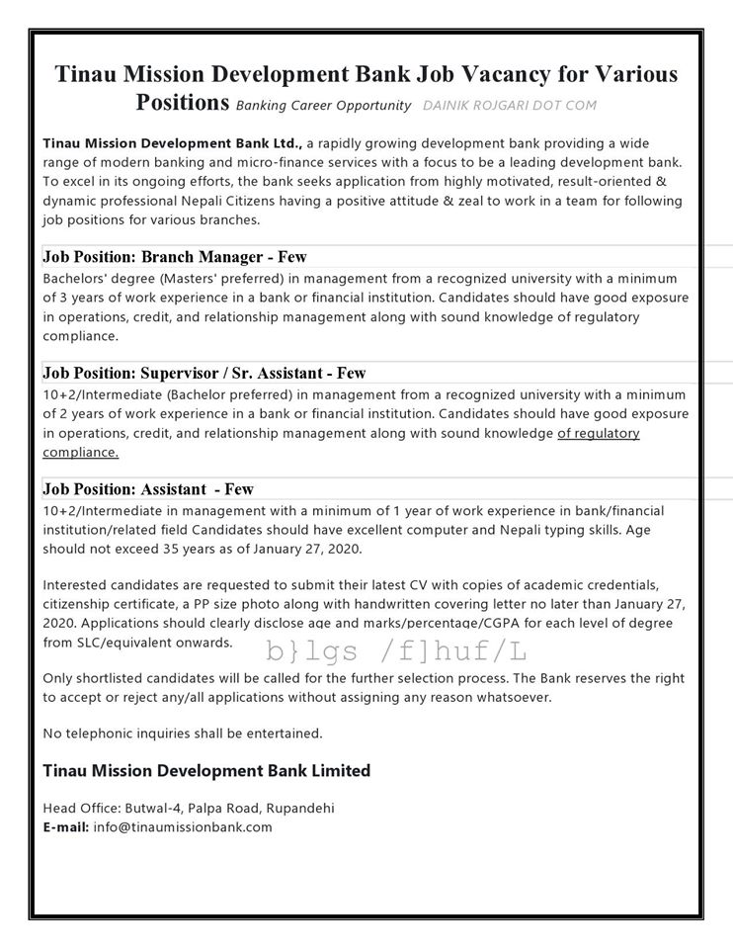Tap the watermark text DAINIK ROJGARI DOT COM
point(509,105)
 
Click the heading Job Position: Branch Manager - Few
point(175,257)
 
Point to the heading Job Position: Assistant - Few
point(148,488)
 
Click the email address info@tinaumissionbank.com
point(183,826)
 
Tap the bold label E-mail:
point(66,826)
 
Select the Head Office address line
point(189,808)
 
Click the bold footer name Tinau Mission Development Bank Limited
point(206,770)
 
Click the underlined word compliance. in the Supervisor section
point(81,452)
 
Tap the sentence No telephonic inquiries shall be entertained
point(183,733)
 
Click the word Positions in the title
point(182,102)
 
